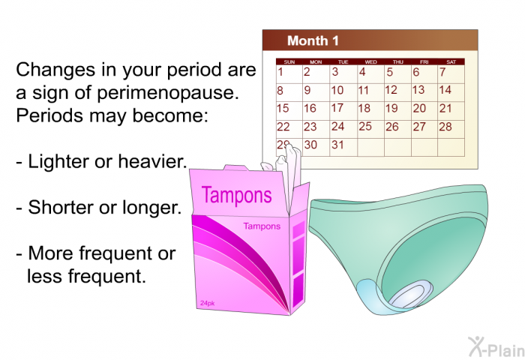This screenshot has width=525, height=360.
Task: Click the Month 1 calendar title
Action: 313,40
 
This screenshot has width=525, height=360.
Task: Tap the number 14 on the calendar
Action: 445,90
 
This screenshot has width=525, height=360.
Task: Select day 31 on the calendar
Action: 337,145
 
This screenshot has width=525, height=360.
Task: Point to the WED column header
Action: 370,62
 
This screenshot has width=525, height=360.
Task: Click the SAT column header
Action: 451,62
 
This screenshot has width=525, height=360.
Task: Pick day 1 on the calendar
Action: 280,72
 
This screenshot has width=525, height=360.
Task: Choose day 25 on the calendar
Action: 365,126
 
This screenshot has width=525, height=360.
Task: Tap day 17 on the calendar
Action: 337,108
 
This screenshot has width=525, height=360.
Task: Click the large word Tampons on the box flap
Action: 236,196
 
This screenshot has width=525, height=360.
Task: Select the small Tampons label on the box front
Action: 262,226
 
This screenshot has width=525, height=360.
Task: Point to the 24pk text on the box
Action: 207,304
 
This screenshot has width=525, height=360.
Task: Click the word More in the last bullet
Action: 51,253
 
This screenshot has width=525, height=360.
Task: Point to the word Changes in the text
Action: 55,70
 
